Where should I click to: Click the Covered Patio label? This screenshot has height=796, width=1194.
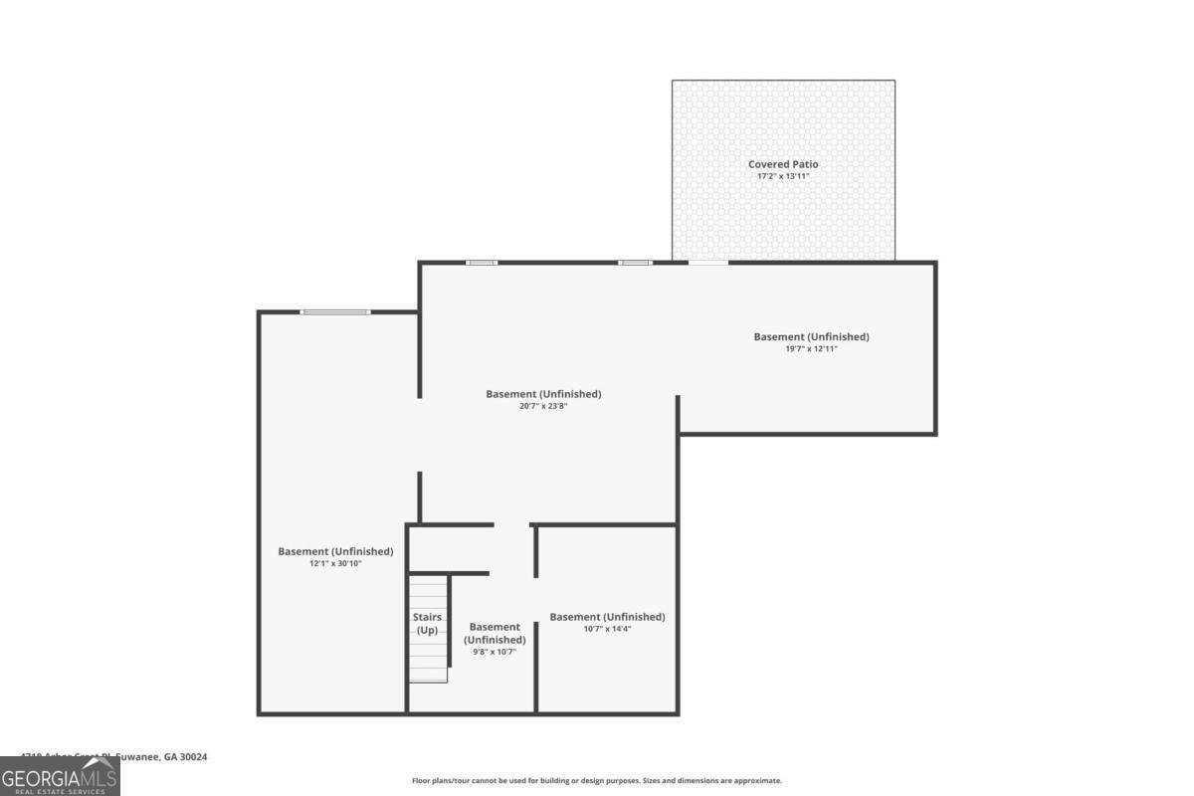(x=783, y=164)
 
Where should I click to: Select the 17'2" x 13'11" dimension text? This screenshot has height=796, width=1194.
(x=783, y=176)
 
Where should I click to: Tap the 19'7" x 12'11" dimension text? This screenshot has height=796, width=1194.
(x=811, y=349)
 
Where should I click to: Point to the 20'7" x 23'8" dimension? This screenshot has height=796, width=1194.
(x=543, y=406)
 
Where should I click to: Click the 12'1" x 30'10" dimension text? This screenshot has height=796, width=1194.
(x=335, y=563)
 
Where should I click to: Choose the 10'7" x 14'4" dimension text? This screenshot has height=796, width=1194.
(x=607, y=629)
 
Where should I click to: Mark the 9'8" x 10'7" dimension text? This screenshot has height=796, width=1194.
(x=494, y=652)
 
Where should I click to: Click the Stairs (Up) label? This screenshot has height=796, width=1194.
(x=427, y=624)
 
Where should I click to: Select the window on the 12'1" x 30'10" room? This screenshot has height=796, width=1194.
(x=335, y=312)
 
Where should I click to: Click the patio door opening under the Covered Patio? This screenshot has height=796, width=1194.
(x=707, y=263)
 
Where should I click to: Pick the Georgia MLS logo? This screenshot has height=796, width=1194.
(x=60, y=776)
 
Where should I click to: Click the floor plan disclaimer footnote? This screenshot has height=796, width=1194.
(x=597, y=781)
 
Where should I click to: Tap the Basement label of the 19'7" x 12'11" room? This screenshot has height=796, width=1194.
(x=811, y=336)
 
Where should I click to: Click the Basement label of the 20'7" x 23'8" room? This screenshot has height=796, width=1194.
(x=543, y=394)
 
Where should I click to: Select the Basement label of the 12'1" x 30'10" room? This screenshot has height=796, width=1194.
(x=335, y=551)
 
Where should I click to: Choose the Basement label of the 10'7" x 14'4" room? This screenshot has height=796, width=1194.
(x=607, y=617)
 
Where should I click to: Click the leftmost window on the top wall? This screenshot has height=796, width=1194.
(x=482, y=263)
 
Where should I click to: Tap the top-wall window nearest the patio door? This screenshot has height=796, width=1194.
(x=635, y=263)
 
